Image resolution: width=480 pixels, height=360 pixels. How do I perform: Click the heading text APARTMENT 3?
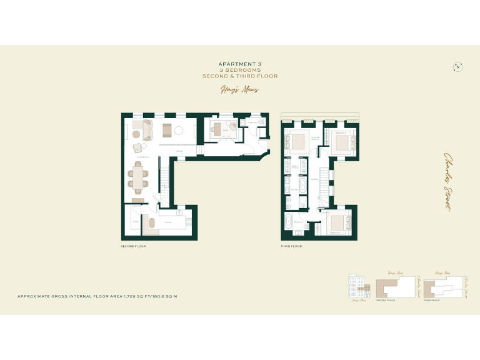point(239,64)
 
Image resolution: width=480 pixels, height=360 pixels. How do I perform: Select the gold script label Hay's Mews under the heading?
point(239,89)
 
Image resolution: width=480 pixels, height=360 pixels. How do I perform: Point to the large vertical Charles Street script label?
point(448,181)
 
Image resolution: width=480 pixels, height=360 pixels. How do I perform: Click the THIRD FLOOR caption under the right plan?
point(291,247)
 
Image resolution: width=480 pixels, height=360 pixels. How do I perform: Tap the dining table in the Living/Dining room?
point(139,176)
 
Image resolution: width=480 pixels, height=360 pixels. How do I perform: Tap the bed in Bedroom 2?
point(341,143)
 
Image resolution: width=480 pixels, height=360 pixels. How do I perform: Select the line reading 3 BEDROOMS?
point(239,70)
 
